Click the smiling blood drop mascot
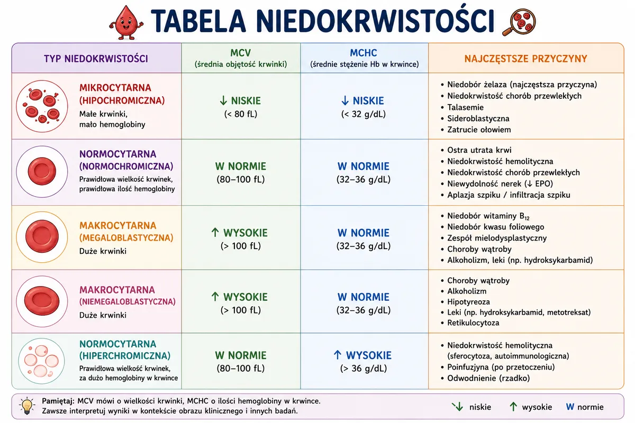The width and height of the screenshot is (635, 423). click(x=126, y=23)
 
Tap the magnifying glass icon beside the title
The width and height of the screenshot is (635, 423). click(x=519, y=22)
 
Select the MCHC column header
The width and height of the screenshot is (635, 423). click(x=364, y=58)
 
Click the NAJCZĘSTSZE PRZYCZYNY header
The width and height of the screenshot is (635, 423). click(x=525, y=59)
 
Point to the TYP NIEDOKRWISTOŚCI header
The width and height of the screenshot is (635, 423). click(x=96, y=59)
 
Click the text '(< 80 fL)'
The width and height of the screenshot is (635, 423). click(x=241, y=114)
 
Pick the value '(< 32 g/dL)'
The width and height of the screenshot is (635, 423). click(x=364, y=114)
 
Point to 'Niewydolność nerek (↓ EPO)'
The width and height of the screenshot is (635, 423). click(x=497, y=183)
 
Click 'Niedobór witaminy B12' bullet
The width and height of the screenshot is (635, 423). click(x=485, y=216)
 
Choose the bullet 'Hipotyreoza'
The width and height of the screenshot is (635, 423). click(x=466, y=302)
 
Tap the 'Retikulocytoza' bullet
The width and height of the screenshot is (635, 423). click(x=470, y=323)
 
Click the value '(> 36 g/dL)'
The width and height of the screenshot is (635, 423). click(x=364, y=369)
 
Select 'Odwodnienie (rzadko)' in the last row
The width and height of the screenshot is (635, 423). click(x=485, y=378)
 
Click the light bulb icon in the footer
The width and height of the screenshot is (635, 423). click(x=27, y=406)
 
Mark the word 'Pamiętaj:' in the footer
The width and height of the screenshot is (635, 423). click(x=58, y=401)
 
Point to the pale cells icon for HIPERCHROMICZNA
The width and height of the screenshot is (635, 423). click(x=42, y=361)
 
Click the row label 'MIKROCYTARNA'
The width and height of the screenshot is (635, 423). click(x=115, y=88)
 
